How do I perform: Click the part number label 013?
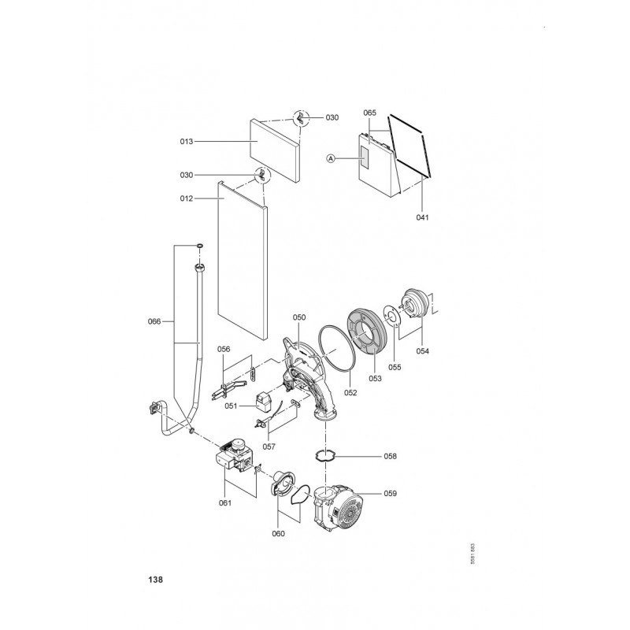pyautogui.click(x=187, y=142)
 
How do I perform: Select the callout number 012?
pyautogui.click(x=187, y=198)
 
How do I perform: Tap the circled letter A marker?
pyautogui.click(x=331, y=159)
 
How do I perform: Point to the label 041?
pyautogui.click(x=422, y=217)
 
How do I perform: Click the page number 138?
pyautogui.click(x=155, y=580)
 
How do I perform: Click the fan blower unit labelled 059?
pyautogui.click(x=339, y=506)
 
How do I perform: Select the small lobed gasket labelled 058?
pyautogui.click(x=324, y=456)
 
